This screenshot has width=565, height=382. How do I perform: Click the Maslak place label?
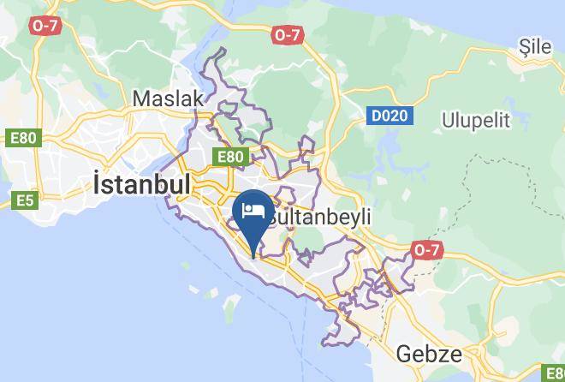click(x=168, y=98)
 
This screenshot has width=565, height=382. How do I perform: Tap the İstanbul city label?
click(x=141, y=184)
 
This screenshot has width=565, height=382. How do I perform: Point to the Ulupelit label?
click(x=475, y=119)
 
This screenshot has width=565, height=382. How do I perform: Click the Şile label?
click(x=537, y=47)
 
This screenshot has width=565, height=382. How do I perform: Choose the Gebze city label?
click(x=430, y=354)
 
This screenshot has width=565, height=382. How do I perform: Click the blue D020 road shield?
click(x=390, y=115)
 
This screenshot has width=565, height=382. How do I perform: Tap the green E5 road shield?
click(x=25, y=200)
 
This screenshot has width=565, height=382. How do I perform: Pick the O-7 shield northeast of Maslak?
click(x=288, y=35)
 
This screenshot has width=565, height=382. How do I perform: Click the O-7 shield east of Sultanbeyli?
click(x=425, y=249)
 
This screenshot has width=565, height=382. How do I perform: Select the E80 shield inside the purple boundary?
click(x=231, y=157)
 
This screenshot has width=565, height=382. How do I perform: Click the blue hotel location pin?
click(x=253, y=214)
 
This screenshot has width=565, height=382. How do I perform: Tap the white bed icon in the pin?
click(x=253, y=210)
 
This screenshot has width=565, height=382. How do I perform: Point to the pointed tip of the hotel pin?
click(x=253, y=256)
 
